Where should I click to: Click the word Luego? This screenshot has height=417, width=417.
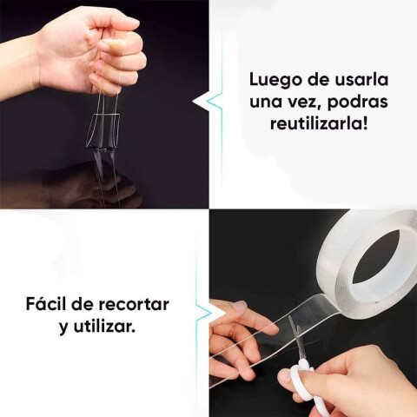point(272,79)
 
